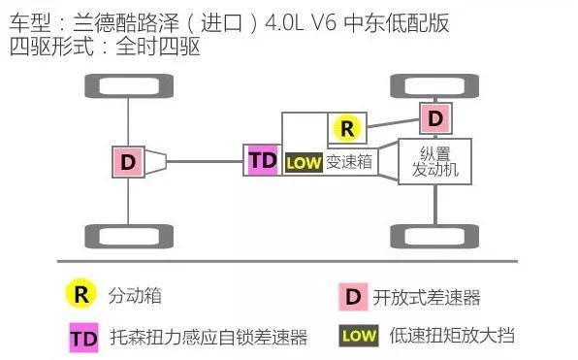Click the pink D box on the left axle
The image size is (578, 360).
(x=128, y=161)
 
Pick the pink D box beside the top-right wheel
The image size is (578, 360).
(x=436, y=118)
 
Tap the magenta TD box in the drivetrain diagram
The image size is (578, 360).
(x=262, y=160)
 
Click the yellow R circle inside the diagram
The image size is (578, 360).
(x=346, y=127)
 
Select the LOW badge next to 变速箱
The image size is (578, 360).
(x=303, y=163)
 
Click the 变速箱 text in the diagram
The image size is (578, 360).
(x=348, y=163)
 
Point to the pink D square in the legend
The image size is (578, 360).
(x=353, y=296)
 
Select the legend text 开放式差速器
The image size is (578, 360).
(x=427, y=297)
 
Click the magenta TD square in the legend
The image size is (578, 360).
(x=82, y=337)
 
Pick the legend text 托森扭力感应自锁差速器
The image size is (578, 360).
(x=209, y=338)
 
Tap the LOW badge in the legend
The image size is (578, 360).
(x=358, y=337)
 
